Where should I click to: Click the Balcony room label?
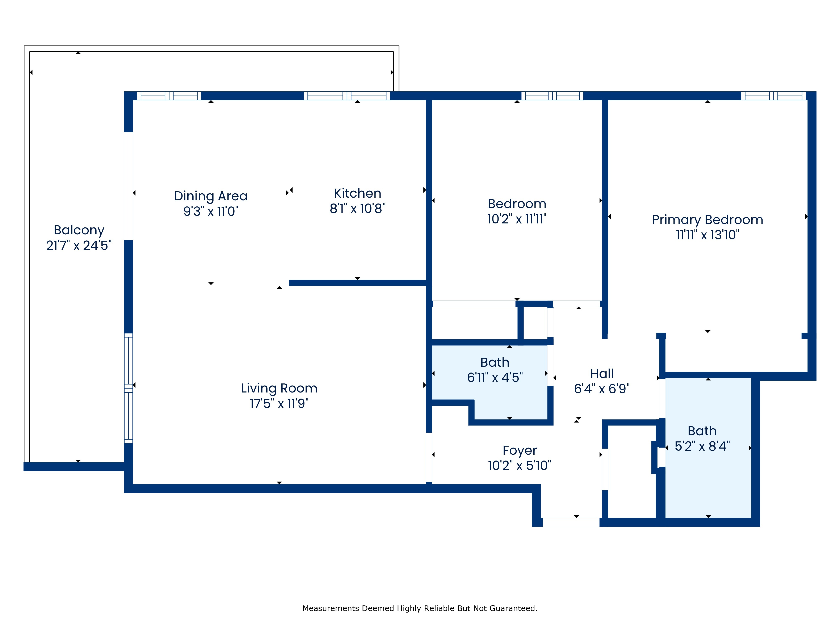coord(79,230)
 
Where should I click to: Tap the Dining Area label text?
coord(211,196)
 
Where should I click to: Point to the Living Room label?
coord(279,388)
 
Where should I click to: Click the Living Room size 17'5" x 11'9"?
coord(279,403)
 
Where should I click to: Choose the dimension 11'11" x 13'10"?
coord(707,235)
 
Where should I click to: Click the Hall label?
coord(602,374)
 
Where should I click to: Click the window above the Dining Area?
coord(169,96)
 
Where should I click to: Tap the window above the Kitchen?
coord(347,96)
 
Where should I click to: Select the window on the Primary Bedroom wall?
coord(774,96)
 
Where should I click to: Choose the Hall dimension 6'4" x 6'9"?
coord(602,389)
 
